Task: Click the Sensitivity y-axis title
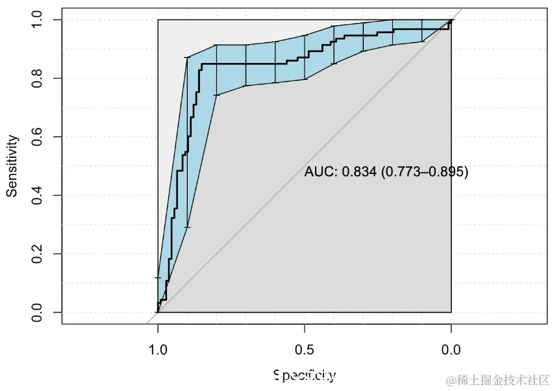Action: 12,166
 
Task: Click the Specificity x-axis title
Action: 304,375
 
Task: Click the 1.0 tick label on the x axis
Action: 158,350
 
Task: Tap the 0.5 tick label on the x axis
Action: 304,350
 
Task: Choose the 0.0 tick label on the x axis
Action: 451,350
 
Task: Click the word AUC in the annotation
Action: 320,172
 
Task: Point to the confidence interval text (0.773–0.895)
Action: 424,172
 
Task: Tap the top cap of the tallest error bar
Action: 187,58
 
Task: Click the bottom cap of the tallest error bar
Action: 187,227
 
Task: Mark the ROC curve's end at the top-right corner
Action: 451,21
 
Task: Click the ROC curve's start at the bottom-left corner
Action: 158,312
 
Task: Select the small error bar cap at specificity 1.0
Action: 158,278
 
